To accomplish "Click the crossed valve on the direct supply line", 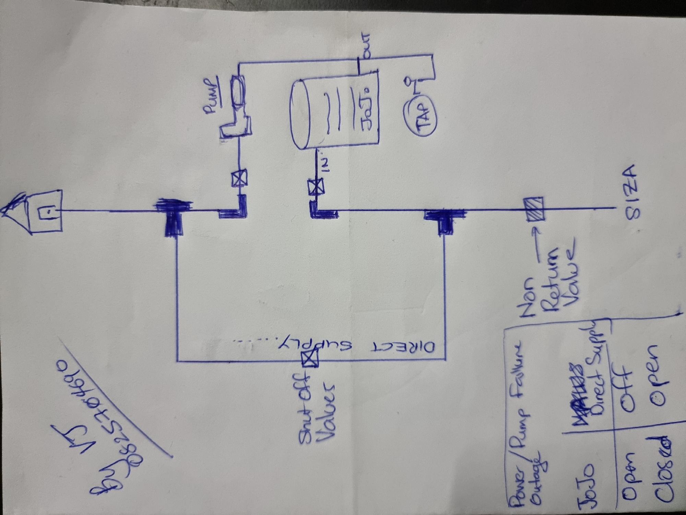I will tap(309, 360).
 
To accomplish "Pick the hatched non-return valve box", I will tap(533, 209).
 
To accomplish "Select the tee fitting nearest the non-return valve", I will tap(445, 218).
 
